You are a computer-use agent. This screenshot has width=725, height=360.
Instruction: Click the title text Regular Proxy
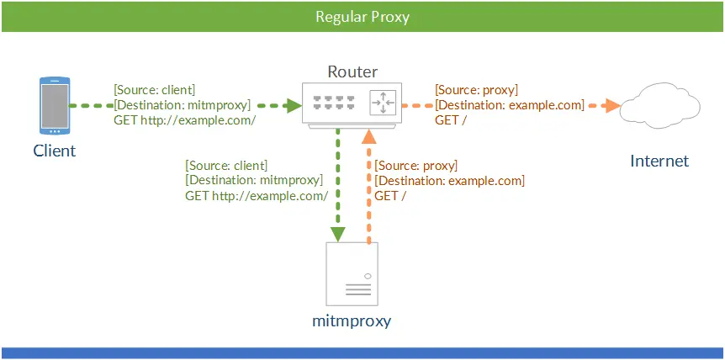pyautogui.click(x=362, y=17)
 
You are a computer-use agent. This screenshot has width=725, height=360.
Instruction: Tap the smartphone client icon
pyautogui.click(x=55, y=107)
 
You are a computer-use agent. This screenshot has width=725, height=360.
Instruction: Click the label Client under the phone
pyautogui.click(x=55, y=151)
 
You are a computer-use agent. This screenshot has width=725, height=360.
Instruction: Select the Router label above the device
pyautogui.click(x=352, y=72)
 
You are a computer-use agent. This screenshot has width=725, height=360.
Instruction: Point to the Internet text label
pyautogui.click(x=659, y=161)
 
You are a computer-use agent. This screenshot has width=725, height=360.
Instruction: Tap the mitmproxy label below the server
pyautogui.click(x=352, y=321)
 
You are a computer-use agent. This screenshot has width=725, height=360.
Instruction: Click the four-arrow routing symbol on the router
pyautogui.click(x=383, y=103)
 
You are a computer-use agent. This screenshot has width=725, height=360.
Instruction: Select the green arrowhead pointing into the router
pyautogui.click(x=294, y=106)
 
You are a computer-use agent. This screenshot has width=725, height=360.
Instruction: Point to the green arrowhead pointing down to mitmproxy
pyautogui.click(x=337, y=234)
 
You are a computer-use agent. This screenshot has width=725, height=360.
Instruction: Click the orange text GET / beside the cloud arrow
pyautogui.click(x=451, y=120)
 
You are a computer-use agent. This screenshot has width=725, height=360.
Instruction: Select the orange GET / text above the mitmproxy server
pyautogui.click(x=390, y=196)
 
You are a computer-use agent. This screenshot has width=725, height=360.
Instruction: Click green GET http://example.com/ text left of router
pyautogui.click(x=185, y=120)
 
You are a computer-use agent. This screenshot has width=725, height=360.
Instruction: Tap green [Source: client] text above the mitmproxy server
pyautogui.click(x=226, y=165)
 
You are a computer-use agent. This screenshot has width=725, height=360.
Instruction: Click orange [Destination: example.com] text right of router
pyautogui.click(x=509, y=105)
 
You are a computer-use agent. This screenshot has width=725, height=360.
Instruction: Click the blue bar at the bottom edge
pyautogui.click(x=362, y=353)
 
